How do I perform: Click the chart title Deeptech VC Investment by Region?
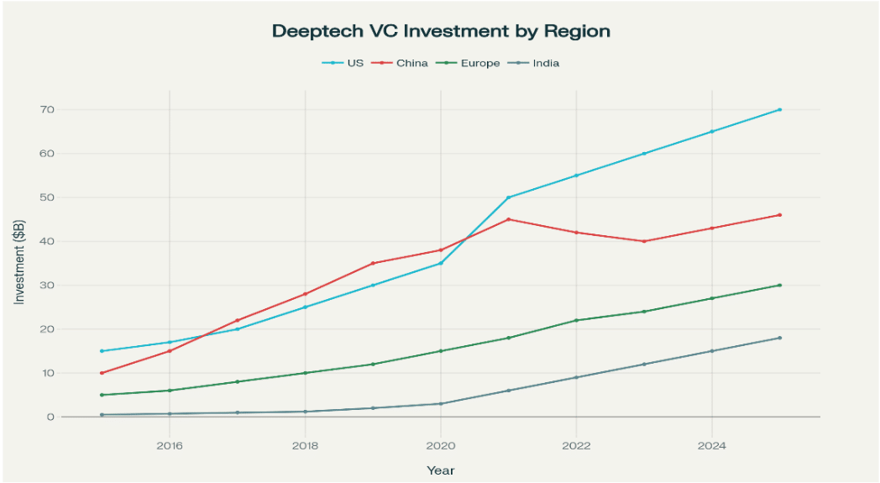click(x=440, y=31)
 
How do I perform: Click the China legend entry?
click(x=411, y=63)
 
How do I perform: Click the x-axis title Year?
click(x=440, y=470)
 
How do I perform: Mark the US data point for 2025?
click(x=780, y=109)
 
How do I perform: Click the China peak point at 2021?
click(x=509, y=219)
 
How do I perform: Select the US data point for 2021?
click(x=509, y=197)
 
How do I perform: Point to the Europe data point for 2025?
click(x=780, y=285)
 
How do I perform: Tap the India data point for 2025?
click(x=780, y=338)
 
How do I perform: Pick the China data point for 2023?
click(x=644, y=241)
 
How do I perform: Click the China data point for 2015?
click(x=102, y=373)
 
